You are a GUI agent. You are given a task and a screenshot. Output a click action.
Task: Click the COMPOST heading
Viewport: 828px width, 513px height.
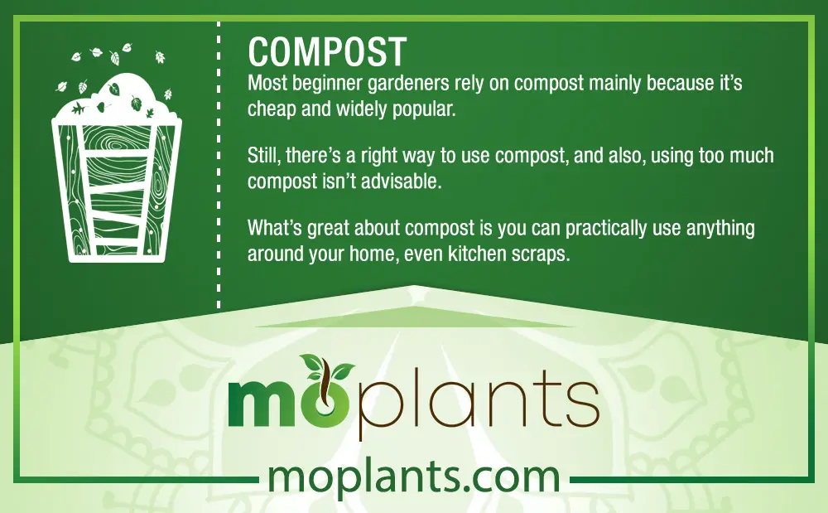coord(327,51)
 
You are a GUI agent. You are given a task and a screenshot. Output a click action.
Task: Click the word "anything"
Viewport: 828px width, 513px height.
coord(720,229)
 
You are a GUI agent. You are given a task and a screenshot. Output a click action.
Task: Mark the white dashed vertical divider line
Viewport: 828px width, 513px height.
coord(219,165)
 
